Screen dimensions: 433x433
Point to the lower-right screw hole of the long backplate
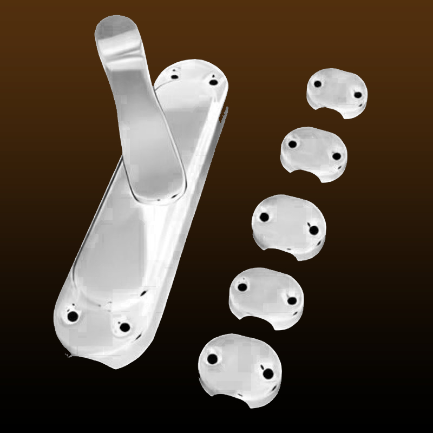[x=124, y=327]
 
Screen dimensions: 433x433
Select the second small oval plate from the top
[x=314, y=154]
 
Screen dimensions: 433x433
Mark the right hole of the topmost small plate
[x=358, y=95]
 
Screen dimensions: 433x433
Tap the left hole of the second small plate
[x=293, y=145]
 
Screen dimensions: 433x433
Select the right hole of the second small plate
[x=336, y=156]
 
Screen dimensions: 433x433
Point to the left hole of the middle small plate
[x=264, y=217]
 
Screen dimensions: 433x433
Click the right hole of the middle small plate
[x=313, y=230]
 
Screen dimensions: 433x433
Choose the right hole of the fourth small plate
[x=292, y=300]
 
